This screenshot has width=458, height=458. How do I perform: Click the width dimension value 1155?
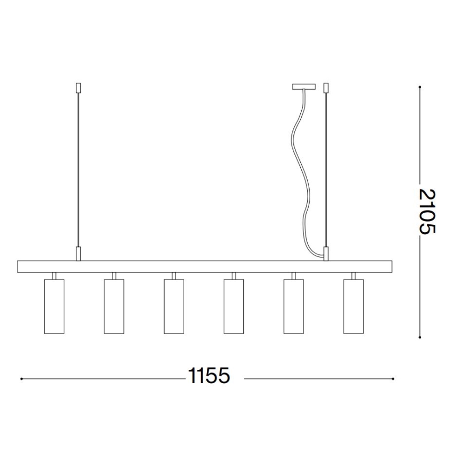(209, 376)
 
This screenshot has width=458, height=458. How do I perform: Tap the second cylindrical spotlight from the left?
(114, 306)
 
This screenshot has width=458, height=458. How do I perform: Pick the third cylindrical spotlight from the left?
(174, 306)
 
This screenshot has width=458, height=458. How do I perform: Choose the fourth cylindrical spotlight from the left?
(233, 306)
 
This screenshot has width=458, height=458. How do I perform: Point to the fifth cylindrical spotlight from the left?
(293, 306)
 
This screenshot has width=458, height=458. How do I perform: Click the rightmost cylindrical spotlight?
(353, 306)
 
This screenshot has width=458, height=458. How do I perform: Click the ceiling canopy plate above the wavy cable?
(304, 87)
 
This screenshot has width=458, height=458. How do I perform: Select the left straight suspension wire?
(78, 169)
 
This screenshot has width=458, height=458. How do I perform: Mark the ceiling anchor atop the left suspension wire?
(78, 87)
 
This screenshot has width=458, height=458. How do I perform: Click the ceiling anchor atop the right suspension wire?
(326, 87)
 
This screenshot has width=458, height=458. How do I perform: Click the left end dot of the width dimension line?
(21, 378)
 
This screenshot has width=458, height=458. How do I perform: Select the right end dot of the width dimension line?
(394, 378)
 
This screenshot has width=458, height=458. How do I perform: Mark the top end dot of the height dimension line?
(420, 87)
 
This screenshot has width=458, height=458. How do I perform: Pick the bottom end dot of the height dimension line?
(420, 337)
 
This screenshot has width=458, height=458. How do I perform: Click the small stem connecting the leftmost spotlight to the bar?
(54, 275)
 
